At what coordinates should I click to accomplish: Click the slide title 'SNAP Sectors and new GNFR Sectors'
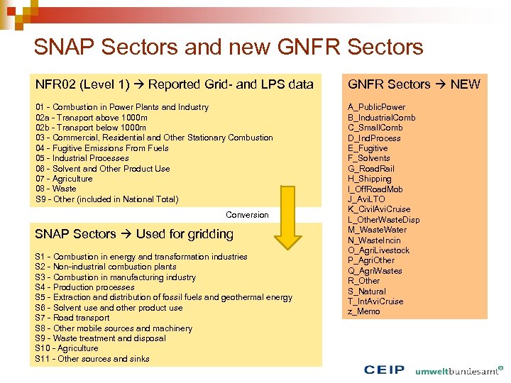pos(228,48)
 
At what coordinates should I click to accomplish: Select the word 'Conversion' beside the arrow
pos(247,215)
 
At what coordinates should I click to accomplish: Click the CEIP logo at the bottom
pos(384,370)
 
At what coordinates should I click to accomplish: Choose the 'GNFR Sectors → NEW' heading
pos(413,84)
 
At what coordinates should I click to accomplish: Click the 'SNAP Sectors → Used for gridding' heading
pos(134,234)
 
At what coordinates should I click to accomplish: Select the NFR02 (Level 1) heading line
pos(174,84)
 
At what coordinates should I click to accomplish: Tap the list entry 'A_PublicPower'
pos(376,107)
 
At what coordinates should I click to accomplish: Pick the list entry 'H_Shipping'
pos(369,179)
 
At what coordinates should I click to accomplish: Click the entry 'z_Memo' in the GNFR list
pos(363,311)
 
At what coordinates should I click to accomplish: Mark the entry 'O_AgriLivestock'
pos(378,250)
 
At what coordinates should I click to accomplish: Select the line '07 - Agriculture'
pos(64,179)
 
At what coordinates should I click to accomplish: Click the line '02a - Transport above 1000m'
pos(92,118)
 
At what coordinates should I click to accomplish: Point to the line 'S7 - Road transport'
pos(72,318)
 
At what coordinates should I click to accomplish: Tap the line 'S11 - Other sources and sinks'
pos(92,359)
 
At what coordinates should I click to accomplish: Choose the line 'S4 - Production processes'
pos(84,287)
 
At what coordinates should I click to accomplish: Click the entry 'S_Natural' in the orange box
pos(367,291)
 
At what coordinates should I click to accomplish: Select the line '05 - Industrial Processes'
pos(82,158)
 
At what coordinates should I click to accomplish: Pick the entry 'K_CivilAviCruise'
pos(379,209)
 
